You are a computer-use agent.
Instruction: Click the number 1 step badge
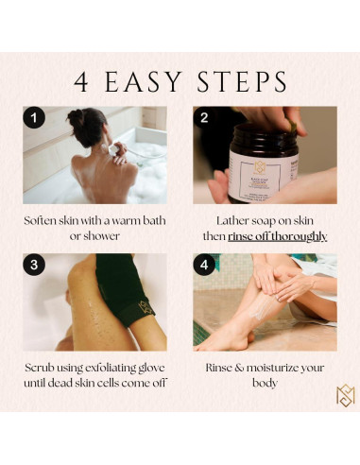(x=34, y=117)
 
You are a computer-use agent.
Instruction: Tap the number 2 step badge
(x=204, y=117)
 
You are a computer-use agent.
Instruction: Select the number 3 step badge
(x=34, y=265)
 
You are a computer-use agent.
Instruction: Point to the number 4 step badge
(x=204, y=265)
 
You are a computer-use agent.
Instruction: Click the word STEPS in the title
(x=242, y=82)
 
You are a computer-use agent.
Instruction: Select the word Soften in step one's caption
(x=40, y=220)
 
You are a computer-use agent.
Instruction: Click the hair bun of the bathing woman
(x=76, y=117)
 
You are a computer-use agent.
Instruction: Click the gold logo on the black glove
(x=146, y=309)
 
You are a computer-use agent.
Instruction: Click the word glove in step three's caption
(x=151, y=368)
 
